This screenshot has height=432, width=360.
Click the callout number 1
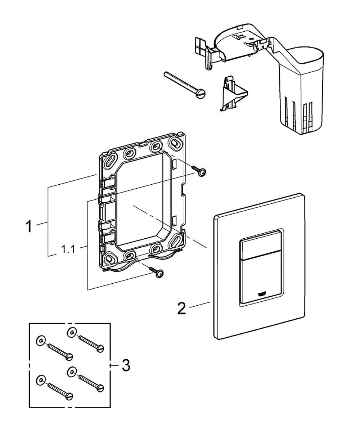(x=29, y=226)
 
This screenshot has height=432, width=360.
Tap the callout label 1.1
(x=68, y=249)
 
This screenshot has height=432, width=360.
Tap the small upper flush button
(x=261, y=247)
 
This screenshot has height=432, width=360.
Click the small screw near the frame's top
(x=198, y=171)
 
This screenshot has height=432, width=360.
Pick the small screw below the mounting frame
(x=156, y=272)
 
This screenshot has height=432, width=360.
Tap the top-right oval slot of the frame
(x=175, y=143)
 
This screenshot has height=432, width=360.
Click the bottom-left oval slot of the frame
(x=109, y=258)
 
